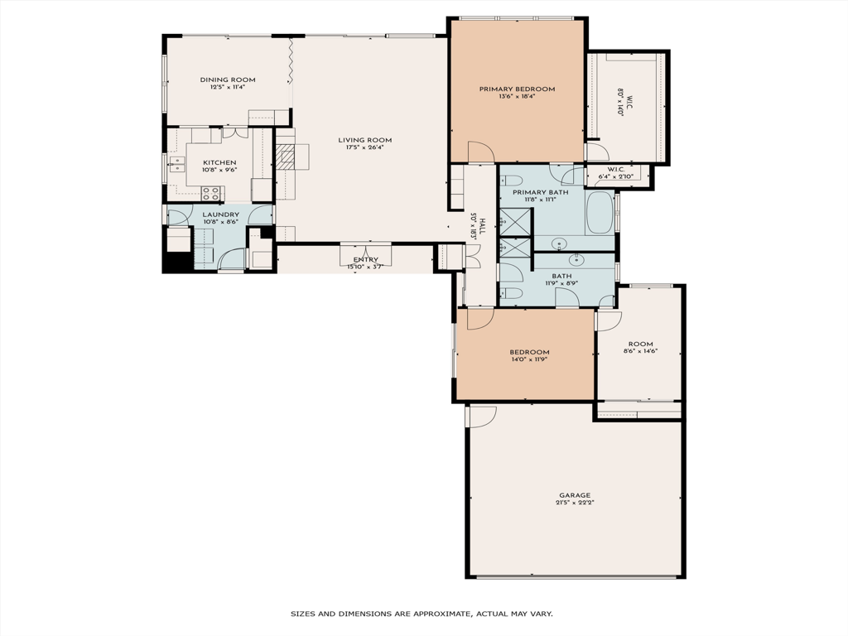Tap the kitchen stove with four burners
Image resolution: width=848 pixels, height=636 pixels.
point(211,194)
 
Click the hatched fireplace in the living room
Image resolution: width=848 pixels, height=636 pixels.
point(286,157)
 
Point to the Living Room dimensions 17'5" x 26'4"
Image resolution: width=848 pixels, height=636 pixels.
point(364,148)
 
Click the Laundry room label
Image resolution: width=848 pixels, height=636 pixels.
point(220,214)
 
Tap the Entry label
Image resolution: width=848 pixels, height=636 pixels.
point(365,260)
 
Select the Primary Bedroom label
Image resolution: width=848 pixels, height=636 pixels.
point(517,89)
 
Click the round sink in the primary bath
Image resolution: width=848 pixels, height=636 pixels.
point(560,244)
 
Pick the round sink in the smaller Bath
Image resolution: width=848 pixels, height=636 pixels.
point(576,260)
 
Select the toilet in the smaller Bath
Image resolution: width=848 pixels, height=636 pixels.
point(513,294)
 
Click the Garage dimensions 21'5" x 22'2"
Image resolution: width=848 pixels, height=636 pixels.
point(575,503)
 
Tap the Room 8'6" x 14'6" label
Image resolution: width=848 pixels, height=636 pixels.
point(640,344)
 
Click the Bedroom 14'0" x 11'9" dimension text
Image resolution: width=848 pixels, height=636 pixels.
point(528,359)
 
